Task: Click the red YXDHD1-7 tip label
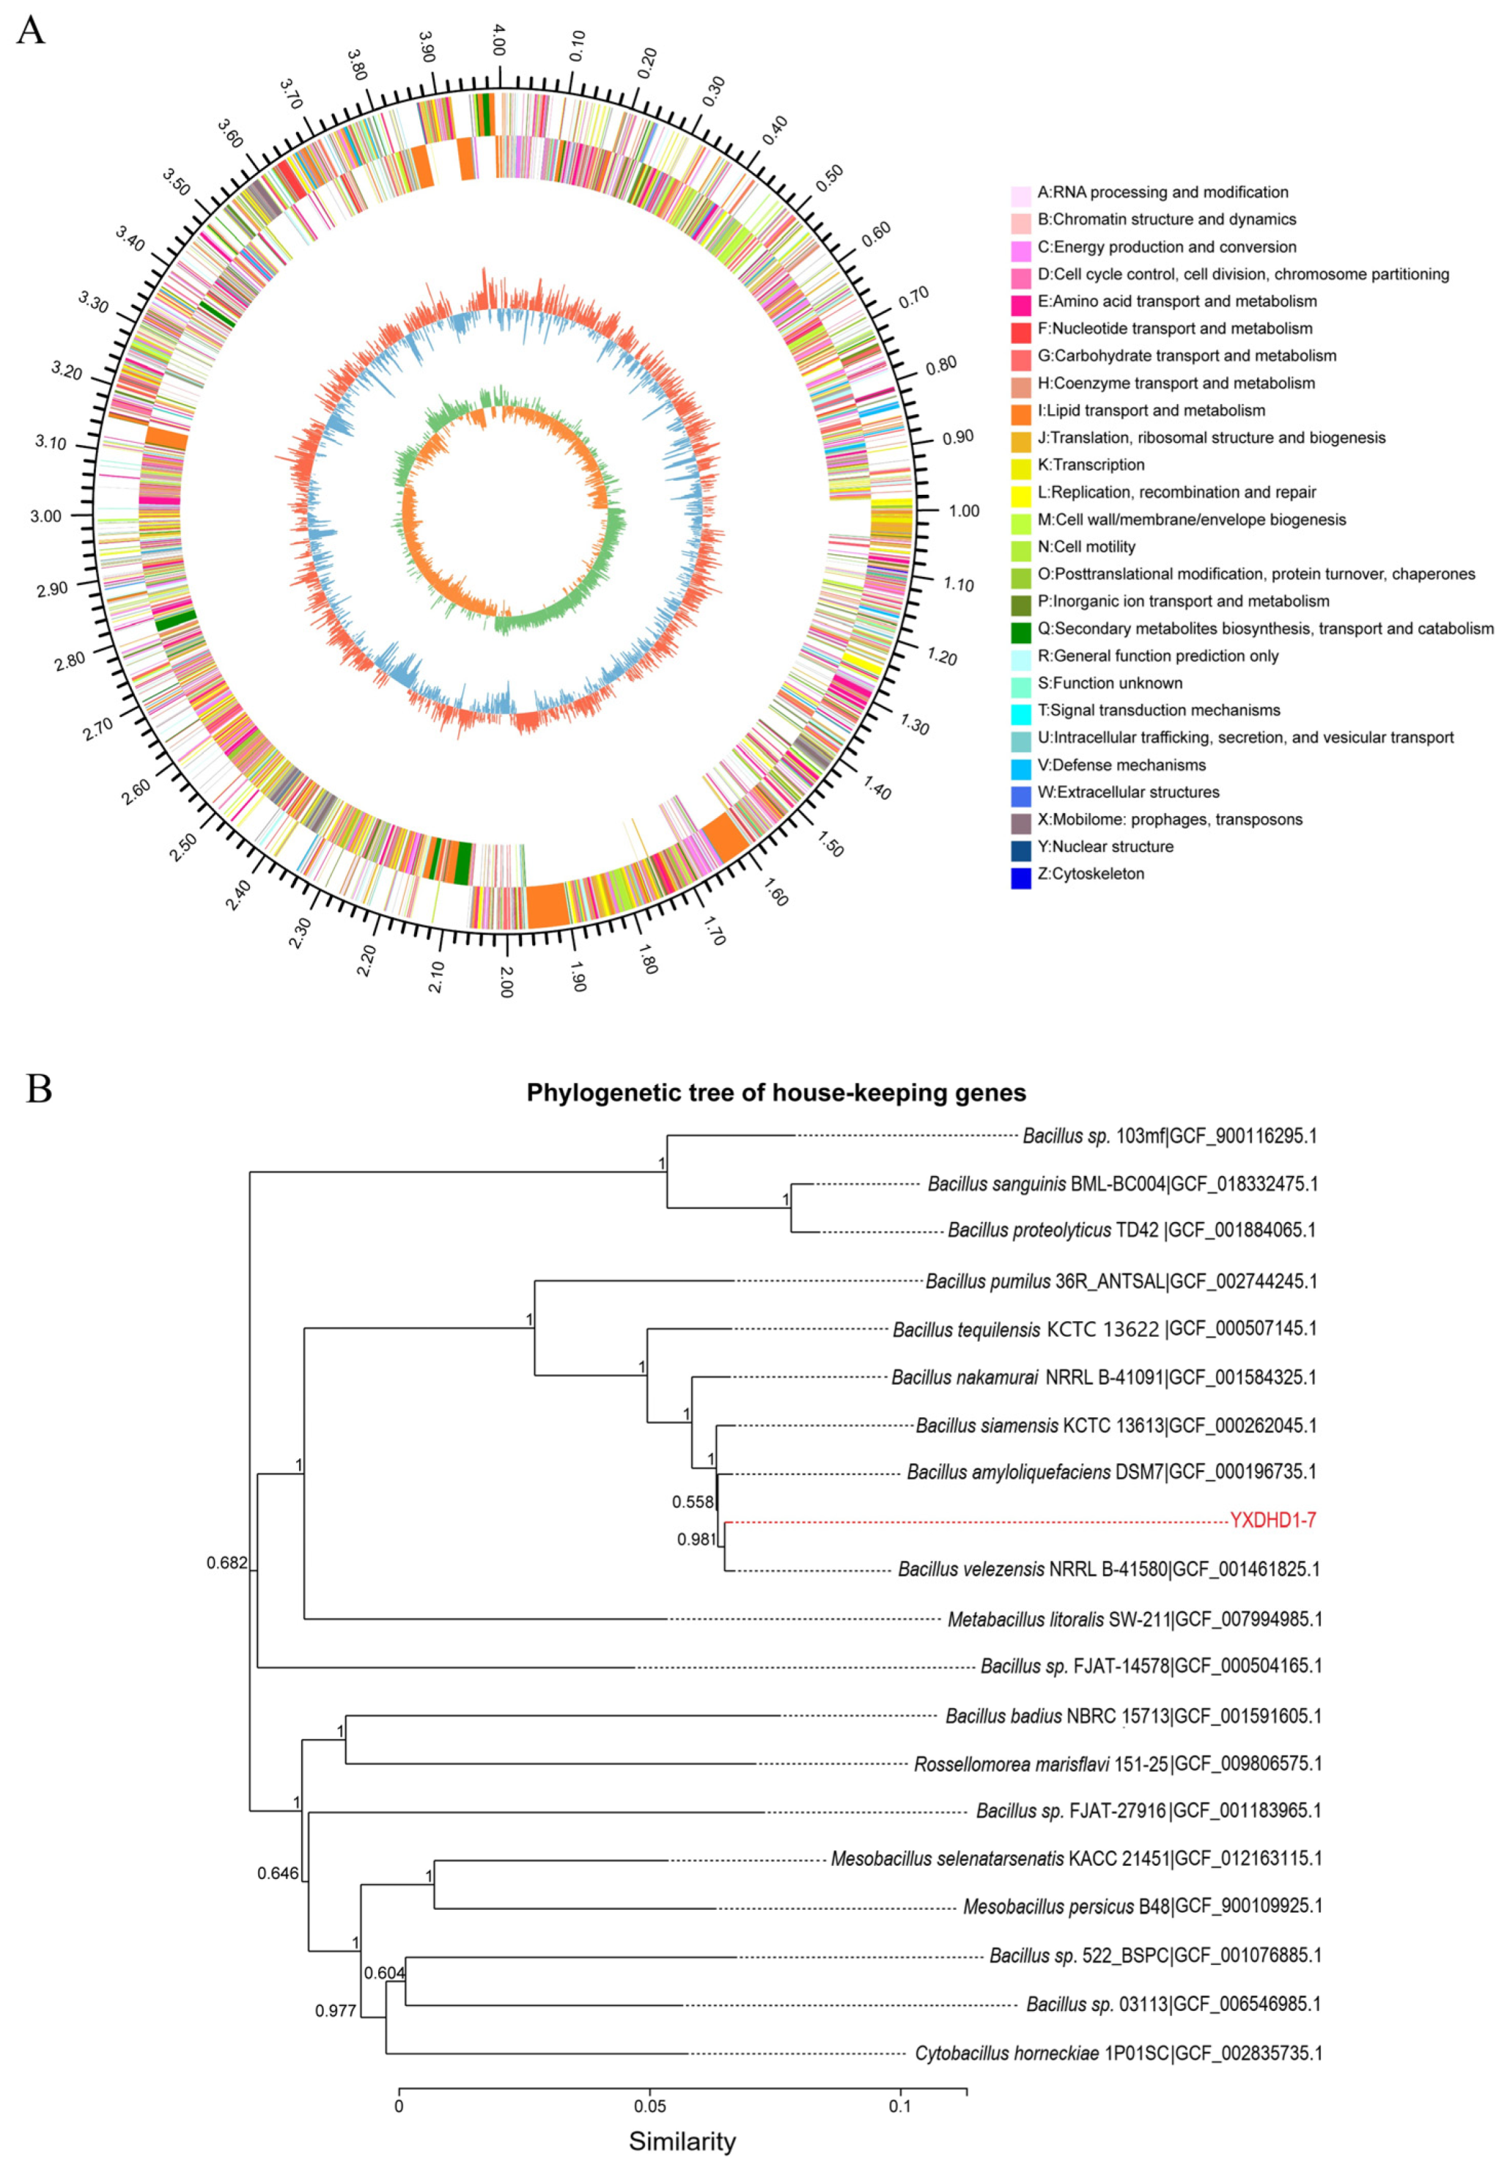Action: pyautogui.click(x=1272, y=1520)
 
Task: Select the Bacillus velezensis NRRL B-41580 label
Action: pyautogui.click(x=1108, y=1569)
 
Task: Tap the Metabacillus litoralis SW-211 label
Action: pyautogui.click(x=1134, y=1619)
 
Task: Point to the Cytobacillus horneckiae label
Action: pyautogui.click(x=1118, y=2053)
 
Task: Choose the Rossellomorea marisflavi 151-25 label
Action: pyautogui.click(x=1117, y=1763)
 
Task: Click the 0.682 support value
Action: pyautogui.click(x=226, y=1563)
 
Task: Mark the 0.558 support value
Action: pyautogui.click(x=693, y=1501)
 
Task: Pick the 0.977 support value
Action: pyautogui.click(x=336, y=2010)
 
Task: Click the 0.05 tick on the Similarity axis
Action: pyautogui.click(x=649, y=2099)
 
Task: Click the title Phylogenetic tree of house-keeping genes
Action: pyautogui.click(x=775, y=1093)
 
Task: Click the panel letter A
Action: pyautogui.click(x=31, y=30)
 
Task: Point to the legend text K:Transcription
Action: pyautogui.click(x=1091, y=465)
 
